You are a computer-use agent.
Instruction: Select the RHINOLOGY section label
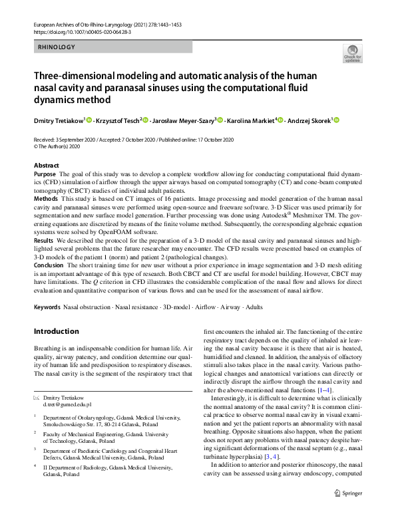[57, 47]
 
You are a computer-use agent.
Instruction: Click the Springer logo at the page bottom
[347, 511]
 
